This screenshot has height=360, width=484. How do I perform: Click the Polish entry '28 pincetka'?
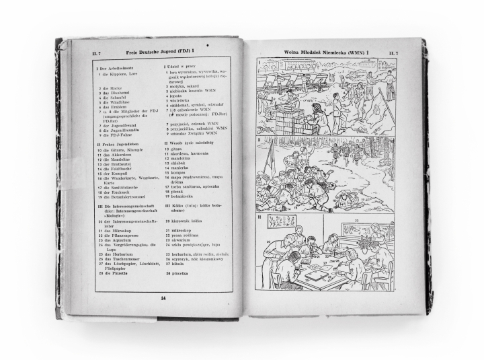pyautogui.click(x=177, y=274)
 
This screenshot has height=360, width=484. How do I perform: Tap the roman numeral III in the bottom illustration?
pyautogui.click(x=259, y=218)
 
